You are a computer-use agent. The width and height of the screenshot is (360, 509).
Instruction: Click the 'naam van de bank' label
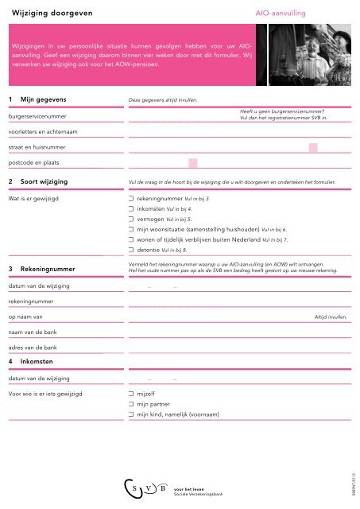[x=33, y=332]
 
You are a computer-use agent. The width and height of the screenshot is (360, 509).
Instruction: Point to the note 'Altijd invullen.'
[x=330, y=317]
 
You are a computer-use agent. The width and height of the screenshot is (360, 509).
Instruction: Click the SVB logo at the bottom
[x=144, y=485]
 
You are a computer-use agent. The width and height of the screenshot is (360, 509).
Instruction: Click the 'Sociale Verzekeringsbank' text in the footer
[x=199, y=493]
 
